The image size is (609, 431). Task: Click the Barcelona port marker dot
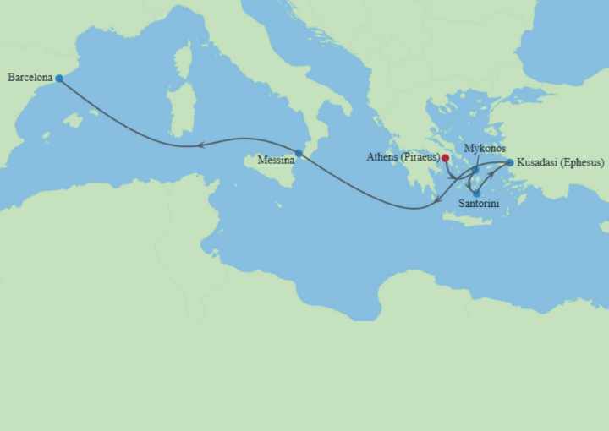pos(59,79)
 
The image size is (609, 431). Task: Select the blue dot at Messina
pos(299,153)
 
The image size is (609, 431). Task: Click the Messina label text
pos(276,160)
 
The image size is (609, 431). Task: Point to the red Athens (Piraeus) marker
pos(446,157)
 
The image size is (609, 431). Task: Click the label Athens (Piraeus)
pos(403,157)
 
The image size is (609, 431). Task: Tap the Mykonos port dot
pos(475,170)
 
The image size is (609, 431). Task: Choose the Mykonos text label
pos(486,149)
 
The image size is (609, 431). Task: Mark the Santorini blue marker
pos(477,194)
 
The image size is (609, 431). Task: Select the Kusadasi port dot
pos(509,162)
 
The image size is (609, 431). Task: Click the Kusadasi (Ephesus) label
pos(560,162)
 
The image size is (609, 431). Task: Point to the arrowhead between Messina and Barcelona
pos(200,145)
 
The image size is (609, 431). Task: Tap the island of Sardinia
pos(179,110)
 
